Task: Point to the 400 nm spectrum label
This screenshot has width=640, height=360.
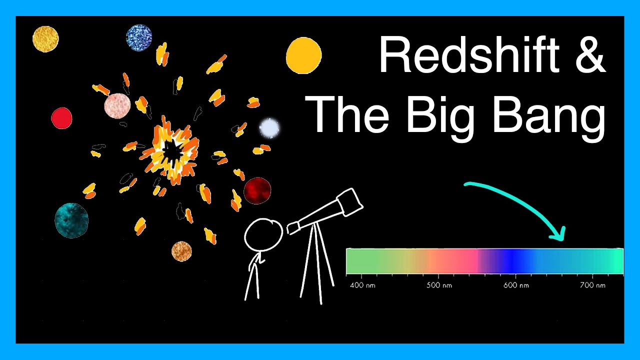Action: (x=361, y=285)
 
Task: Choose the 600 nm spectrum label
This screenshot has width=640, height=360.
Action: (x=516, y=285)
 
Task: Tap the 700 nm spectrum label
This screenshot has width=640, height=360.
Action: (x=593, y=285)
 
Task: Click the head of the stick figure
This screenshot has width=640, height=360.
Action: (x=263, y=234)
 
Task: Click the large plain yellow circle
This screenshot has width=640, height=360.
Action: (x=303, y=56)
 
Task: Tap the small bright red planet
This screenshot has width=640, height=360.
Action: (x=61, y=118)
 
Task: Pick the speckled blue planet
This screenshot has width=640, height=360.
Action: (x=139, y=37)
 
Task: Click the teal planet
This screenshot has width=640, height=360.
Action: (x=71, y=220)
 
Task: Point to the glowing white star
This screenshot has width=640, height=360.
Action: (x=269, y=128)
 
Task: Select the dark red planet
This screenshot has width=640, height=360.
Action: (x=257, y=190)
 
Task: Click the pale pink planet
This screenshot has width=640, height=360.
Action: (x=117, y=105)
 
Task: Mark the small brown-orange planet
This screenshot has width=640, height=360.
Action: (x=181, y=251)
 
